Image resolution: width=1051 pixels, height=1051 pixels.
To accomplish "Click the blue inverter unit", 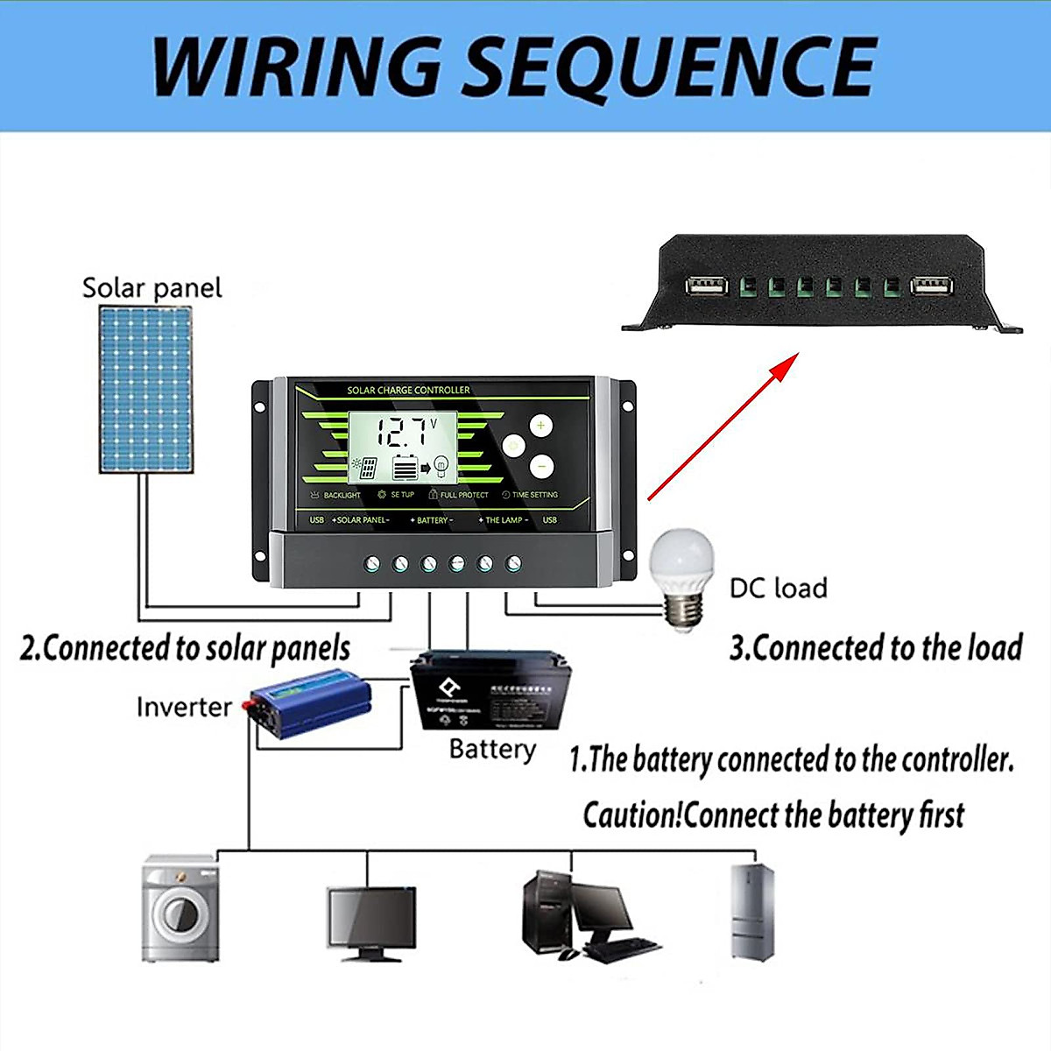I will coord(312,702).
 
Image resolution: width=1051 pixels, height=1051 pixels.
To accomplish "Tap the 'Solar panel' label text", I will coord(152,288).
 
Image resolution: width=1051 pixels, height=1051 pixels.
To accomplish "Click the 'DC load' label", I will coord(778,588).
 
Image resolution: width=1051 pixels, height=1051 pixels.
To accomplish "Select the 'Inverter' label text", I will coord(184,707).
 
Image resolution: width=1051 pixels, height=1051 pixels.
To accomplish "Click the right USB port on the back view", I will coord(931,286).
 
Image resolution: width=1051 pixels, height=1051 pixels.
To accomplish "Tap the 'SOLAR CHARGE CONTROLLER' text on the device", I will coord(408,390).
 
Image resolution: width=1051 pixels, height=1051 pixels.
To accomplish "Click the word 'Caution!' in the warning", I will coord(632,815).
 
